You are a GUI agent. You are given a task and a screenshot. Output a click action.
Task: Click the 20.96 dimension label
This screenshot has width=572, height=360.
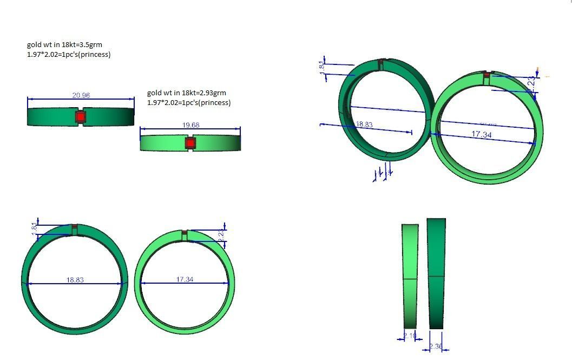[81, 95]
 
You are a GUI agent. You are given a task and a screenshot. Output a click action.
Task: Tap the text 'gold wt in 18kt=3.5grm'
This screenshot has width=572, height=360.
[64, 44]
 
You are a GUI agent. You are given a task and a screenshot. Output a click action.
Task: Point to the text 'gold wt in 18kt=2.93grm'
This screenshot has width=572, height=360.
[186, 93]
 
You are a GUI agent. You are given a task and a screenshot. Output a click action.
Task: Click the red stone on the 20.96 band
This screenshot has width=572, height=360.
[80, 116]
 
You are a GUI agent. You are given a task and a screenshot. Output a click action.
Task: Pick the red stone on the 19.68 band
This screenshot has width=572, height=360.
[190, 143]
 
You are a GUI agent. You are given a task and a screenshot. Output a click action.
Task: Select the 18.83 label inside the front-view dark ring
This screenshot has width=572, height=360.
[75, 280]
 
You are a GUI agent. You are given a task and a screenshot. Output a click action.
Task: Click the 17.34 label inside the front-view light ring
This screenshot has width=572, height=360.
[185, 279]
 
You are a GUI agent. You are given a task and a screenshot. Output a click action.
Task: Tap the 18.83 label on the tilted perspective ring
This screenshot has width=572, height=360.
[364, 125]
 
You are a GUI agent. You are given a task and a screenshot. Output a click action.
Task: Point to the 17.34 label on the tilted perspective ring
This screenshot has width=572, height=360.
[481, 134]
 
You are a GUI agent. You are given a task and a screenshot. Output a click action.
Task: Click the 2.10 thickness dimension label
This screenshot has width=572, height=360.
[410, 337]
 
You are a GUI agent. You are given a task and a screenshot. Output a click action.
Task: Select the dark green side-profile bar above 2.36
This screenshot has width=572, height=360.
[436, 273]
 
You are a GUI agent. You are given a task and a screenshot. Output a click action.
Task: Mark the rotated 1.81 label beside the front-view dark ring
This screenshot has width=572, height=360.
[34, 227]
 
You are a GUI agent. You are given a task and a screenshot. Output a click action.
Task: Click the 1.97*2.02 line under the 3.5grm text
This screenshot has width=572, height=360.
[69, 54]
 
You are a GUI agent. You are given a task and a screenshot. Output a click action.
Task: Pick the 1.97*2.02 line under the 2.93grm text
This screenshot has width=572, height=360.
[188, 102]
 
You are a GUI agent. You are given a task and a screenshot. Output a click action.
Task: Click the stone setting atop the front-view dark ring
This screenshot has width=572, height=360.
[75, 228]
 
